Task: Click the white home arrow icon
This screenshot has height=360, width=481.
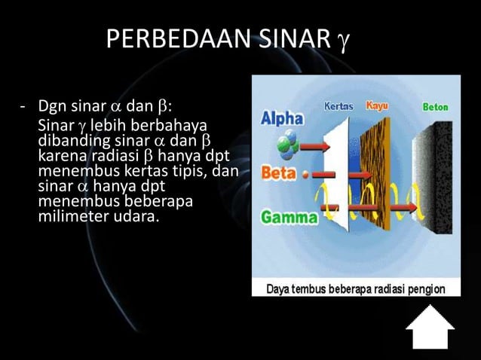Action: pos(430,326)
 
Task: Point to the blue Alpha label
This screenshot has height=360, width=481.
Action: pos(282,118)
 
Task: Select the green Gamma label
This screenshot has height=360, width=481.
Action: pos(289,218)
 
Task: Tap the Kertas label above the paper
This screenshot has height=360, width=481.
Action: pos(339,106)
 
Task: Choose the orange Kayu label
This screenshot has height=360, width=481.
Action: pos(377,106)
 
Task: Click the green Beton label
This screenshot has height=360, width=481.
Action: pos(435,107)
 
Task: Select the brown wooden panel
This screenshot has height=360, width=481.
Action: pos(380,169)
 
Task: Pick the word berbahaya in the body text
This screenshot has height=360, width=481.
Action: pos(174,124)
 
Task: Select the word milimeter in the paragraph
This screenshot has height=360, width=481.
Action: pos(69,218)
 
